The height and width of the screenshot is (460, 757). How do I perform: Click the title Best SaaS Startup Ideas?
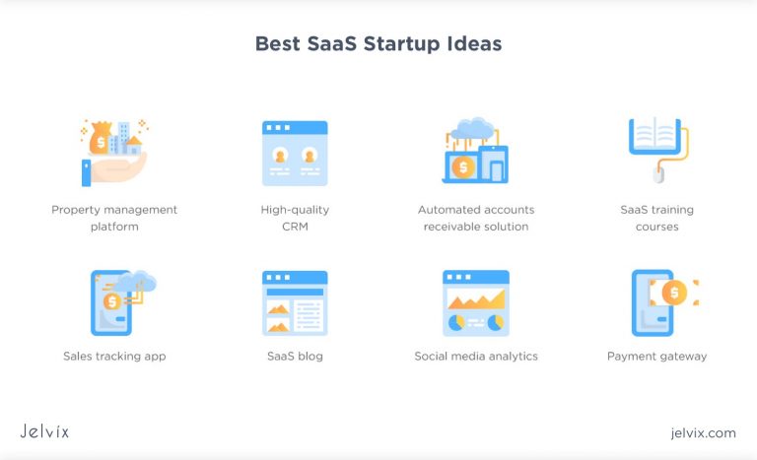coord(378,44)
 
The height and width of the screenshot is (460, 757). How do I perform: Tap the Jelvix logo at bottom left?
coord(44,431)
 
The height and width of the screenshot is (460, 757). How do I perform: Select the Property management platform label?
coord(114,218)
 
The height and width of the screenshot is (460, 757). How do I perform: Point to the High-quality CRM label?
coord(295,218)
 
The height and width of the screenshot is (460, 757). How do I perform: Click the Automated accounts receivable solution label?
coord(476,218)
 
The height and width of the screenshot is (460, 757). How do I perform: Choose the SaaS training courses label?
coord(656,218)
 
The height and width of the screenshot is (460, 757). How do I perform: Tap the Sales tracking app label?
coord(114,356)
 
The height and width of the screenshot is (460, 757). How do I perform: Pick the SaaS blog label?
coord(295,356)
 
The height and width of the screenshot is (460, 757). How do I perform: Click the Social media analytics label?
coord(476,356)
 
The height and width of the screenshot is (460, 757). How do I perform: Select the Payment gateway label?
coord(656,356)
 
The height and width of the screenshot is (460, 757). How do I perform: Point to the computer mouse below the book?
coord(658,175)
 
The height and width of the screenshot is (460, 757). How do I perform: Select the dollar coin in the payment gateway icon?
coord(674,293)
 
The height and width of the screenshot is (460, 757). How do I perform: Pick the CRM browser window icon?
coord(295,153)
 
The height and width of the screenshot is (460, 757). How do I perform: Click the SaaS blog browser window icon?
coord(295,302)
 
